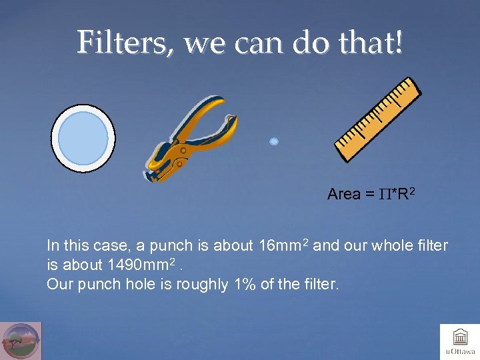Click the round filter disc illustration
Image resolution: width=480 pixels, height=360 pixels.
[83, 139]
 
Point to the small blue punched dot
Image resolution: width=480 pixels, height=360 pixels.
[273, 141]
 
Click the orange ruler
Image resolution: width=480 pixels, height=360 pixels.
[377, 120]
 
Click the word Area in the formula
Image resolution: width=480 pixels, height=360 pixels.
[344, 194]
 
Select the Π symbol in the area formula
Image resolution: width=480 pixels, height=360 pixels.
[385, 194]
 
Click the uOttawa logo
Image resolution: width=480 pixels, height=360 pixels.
[460, 341]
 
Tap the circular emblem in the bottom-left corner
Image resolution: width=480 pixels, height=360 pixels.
[21, 341]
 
